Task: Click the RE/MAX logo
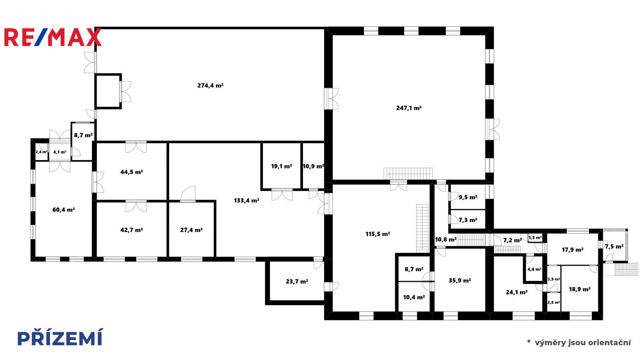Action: [53, 37]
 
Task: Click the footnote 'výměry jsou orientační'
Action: [583, 342]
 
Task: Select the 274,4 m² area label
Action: [210, 86]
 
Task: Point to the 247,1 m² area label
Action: [409, 108]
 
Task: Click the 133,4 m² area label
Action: [246, 200]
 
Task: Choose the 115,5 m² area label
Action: [378, 234]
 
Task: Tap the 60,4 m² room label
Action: [64, 210]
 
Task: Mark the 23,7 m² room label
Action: [297, 282]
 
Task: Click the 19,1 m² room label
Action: [282, 166]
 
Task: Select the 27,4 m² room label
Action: [192, 230]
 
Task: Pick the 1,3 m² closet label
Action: [535, 238]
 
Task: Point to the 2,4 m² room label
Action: [42, 152]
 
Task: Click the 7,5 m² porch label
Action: [614, 246]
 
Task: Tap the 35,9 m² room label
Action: [460, 280]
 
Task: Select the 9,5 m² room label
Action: [468, 198]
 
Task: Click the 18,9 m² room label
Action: [580, 290]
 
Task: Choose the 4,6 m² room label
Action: [534, 269]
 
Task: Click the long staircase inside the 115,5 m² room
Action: [422, 228]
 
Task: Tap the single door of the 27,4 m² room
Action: [188, 194]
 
